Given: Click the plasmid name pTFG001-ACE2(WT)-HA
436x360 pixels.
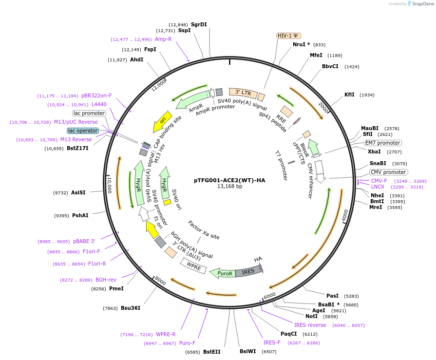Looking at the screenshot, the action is (229, 180).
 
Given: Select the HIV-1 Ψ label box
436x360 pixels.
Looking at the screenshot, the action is (289, 36).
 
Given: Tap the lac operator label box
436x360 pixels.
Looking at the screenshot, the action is (83, 131).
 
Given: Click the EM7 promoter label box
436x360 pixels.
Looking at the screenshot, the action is (383, 143).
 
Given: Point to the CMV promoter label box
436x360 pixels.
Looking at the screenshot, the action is (388, 172).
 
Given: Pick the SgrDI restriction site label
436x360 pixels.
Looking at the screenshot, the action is (199, 24).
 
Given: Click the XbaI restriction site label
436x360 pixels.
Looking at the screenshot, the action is (374, 152).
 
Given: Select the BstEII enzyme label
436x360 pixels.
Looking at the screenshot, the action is (212, 352).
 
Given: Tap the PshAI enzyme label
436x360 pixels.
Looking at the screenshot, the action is (80, 215).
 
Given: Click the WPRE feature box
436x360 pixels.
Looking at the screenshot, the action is (193, 266).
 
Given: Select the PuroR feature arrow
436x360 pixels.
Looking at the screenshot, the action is (223, 273).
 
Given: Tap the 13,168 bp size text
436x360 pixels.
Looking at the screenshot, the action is (229, 187).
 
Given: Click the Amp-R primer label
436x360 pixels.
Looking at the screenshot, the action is (163, 39).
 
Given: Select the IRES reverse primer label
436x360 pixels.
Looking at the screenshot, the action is (310, 325).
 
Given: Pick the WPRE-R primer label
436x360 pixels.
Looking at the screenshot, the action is (166, 334).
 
